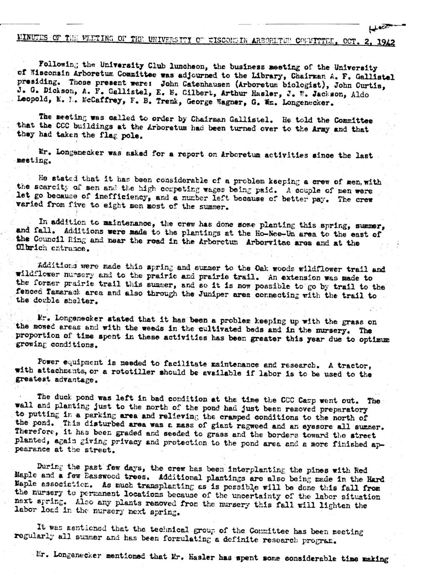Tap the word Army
pos(333,129)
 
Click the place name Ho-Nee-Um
pos(274,234)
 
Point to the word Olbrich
pos(31,249)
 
